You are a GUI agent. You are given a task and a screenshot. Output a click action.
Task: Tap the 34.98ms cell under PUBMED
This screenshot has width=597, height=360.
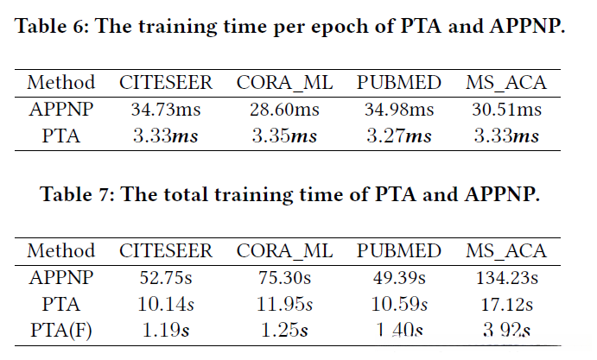[x=399, y=110]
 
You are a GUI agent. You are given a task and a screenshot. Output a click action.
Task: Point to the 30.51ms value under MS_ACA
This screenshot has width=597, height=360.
[x=506, y=110]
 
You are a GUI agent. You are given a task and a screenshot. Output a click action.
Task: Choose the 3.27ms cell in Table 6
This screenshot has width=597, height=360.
[x=399, y=136]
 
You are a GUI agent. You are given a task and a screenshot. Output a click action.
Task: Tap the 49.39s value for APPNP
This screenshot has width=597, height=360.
[x=399, y=277]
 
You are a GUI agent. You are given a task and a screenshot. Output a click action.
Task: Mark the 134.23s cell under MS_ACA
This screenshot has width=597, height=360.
[x=506, y=277]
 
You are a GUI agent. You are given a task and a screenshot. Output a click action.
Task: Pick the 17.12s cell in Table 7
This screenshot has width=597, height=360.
[x=506, y=303]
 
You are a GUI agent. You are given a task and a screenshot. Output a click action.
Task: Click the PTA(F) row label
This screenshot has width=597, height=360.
[x=61, y=329]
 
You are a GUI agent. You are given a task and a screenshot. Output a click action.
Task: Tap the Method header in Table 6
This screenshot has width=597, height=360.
[x=61, y=84]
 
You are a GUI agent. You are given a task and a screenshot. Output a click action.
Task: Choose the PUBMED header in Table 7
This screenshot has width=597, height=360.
[x=399, y=251]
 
